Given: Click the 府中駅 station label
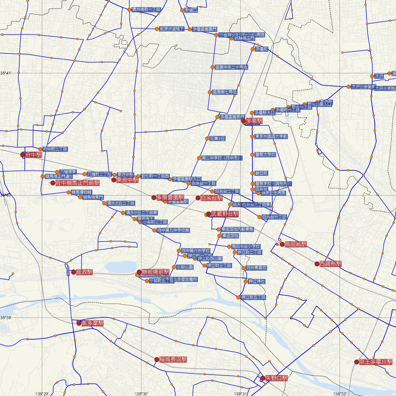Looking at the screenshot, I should [33, 154].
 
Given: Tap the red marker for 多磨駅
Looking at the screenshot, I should [244, 121].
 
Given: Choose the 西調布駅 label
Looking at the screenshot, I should [330, 264].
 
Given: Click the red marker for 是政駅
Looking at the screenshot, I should [74, 272].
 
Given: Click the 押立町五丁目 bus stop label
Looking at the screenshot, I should [253, 297].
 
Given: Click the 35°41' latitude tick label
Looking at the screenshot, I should [6, 73].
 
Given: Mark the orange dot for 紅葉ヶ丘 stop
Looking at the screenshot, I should [207, 139].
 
